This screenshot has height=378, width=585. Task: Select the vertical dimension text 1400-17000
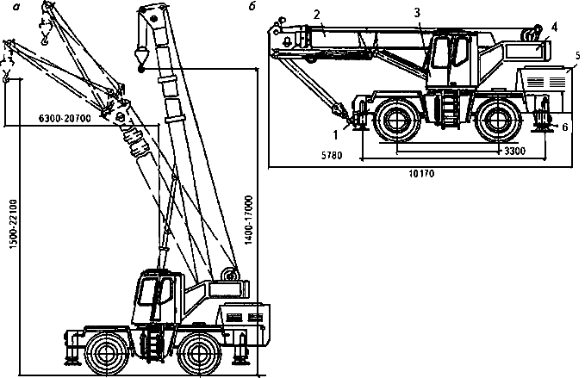[x=248, y=221]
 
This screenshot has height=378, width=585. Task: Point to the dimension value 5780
[x=321, y=158]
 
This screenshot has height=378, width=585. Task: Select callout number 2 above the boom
[x=318, y=15]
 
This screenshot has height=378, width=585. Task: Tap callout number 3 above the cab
[x=417, y=13]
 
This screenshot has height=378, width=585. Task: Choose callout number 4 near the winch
[x=555, y=27]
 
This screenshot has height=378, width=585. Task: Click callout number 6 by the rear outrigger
[x=564, y=127]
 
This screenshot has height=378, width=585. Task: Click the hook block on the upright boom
[x=140, y=57]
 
